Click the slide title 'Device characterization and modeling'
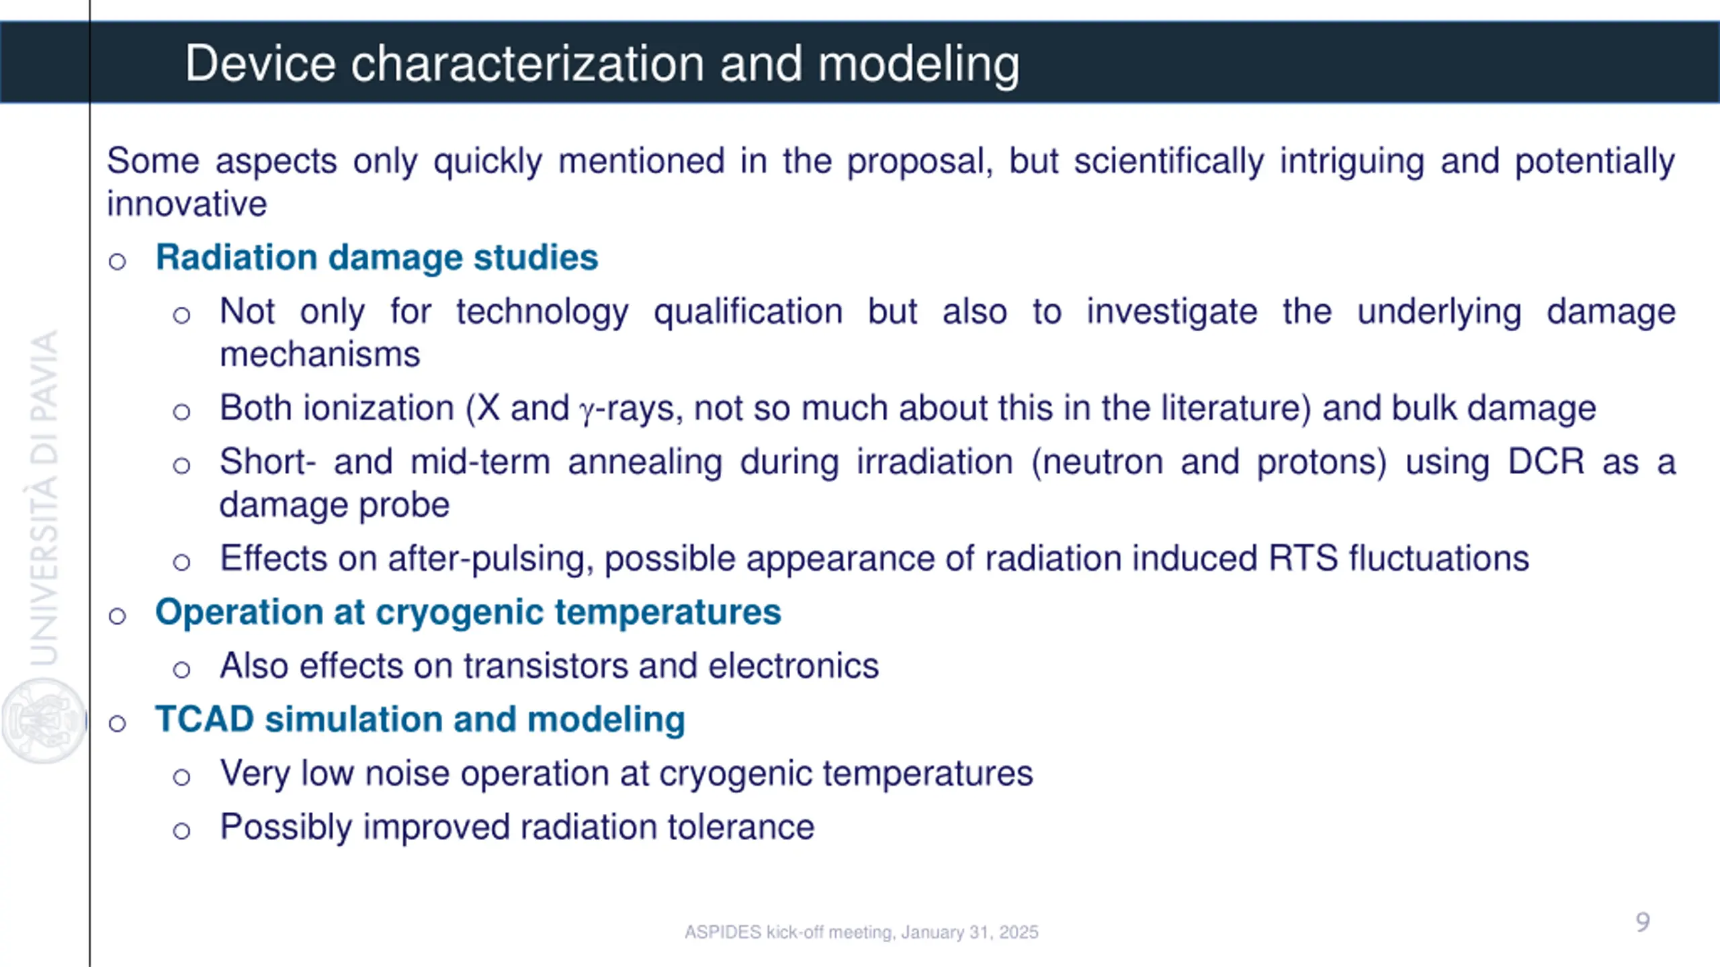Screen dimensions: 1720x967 click(602, 64)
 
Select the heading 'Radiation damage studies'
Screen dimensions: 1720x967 click(377, 257)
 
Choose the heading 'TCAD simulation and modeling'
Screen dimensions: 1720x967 click(421, 720)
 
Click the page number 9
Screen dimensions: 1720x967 click(1643, 923)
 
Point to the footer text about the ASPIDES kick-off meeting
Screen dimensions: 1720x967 click(861, 932)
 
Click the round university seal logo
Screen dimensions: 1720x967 click(44, 721)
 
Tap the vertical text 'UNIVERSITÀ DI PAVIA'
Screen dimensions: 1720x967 click(44, 498)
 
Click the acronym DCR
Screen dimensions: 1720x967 click(1546, 462)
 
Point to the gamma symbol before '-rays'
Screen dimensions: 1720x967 click(587, 412)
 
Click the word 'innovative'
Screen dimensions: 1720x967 click(187, 203)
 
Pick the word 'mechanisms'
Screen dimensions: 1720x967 click(320, 355)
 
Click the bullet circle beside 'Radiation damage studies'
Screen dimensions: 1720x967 click(118, 261)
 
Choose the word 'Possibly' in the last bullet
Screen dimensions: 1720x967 click(286, 828)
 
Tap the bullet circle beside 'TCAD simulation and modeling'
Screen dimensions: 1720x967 click(118, 723)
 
